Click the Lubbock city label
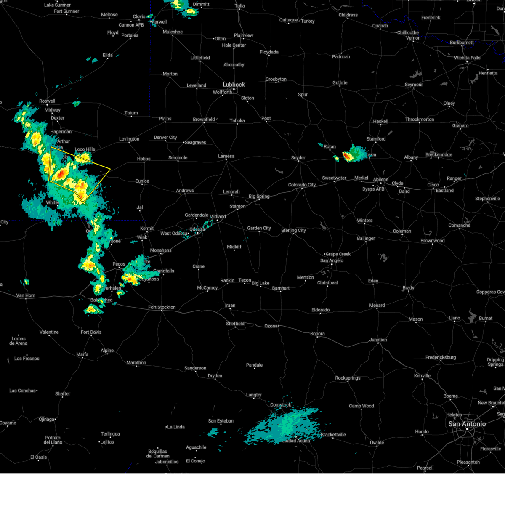234,85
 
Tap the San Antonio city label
467,424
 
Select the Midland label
218,217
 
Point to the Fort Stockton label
162,307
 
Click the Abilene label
380,179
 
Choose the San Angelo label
332,260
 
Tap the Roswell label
47,101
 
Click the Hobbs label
144,159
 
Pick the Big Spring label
259,196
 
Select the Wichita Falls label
467,58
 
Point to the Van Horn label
26,295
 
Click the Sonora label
317,334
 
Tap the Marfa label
82,354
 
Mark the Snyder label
298,158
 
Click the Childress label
348,15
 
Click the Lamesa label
226,156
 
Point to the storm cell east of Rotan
351,154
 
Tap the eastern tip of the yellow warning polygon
110,169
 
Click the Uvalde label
377,442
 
